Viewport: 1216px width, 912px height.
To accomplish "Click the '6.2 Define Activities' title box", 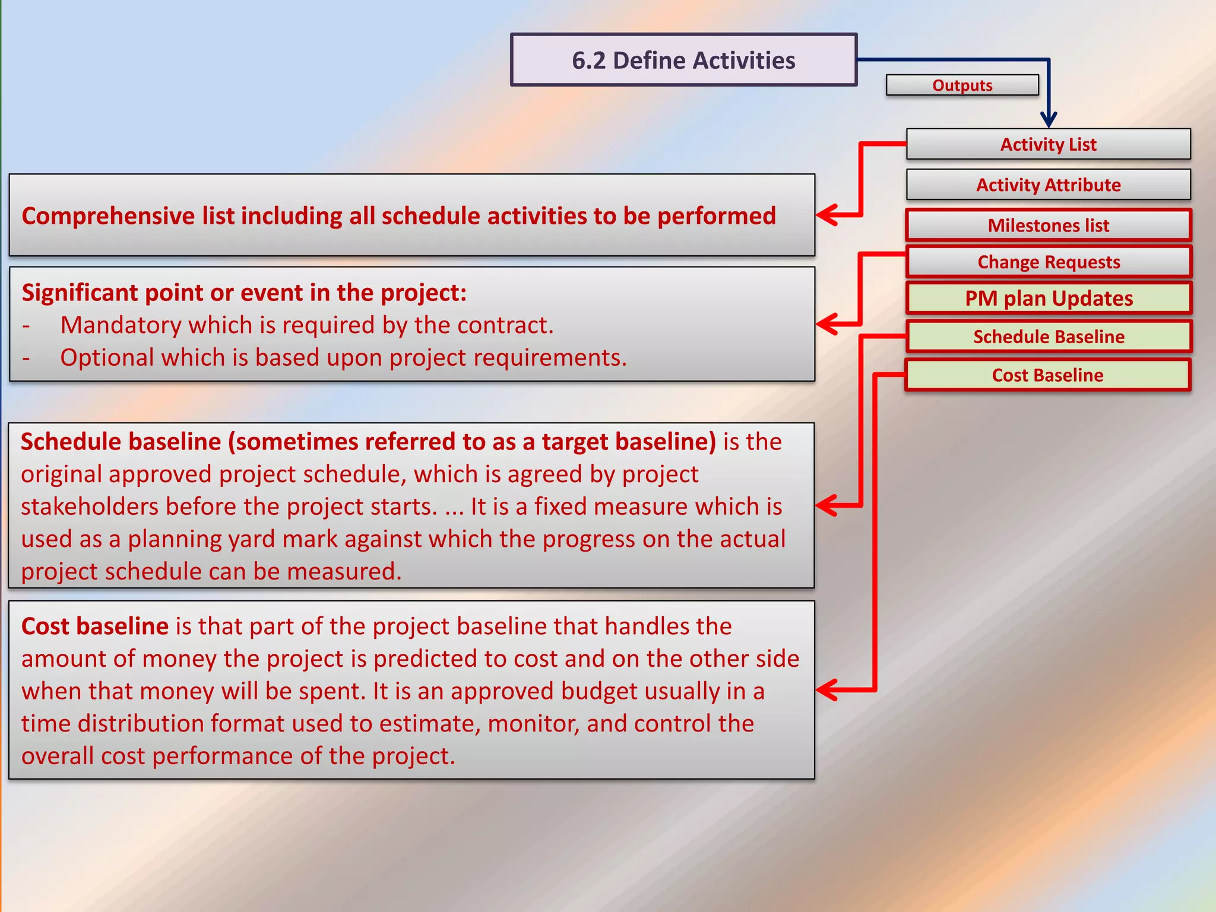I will pos(683,60).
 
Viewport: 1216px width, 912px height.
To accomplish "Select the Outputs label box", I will pos(962,85).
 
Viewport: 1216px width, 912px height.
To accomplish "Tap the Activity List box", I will pos(1048,144).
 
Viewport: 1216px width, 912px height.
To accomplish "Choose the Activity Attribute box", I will pos(1048,185).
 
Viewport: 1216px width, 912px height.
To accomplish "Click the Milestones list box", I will pos(1048,225).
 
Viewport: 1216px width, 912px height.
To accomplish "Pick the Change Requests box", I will pos(1048,262).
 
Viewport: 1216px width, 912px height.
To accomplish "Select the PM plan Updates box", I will pos(1048,298).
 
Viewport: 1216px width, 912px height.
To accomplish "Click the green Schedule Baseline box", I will pos(1048,337).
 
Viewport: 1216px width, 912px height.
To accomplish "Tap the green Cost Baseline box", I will pos(1048,375).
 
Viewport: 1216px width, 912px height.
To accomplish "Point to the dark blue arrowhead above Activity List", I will pos(1049,119).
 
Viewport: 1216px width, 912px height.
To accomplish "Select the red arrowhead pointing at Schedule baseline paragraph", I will pos(826,505).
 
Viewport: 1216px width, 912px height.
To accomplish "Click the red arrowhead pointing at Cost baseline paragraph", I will pos(826,690).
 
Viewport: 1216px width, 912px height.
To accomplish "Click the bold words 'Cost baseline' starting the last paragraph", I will pos(95,626).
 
